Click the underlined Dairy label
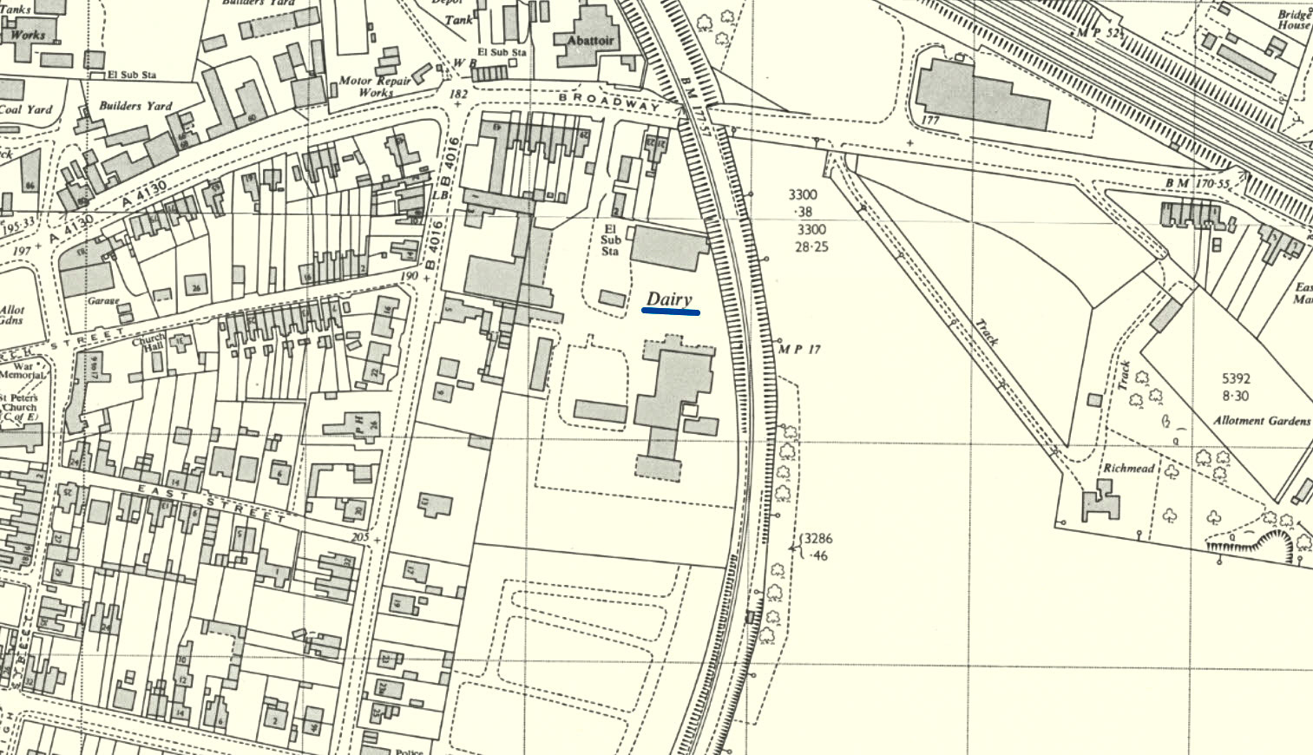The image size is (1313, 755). click(669, 299)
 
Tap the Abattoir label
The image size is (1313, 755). click(590, 41)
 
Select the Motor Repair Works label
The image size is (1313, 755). click(376, 86)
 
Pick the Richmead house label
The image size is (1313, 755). click(1128, 469)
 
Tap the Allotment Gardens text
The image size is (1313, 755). click(1261, 421)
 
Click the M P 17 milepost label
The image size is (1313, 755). click(798, 350)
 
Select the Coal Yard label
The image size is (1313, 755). click(25, 109)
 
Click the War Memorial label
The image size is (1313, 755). click(23, 371)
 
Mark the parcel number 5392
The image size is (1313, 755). click(1236, 378)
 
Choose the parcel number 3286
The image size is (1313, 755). click(817, 538)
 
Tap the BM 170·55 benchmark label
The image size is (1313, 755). click(1198, 184)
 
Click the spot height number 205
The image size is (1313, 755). click(359, 537)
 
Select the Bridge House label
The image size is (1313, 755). click(1293, 20)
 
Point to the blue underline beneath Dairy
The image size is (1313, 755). click(671, 312)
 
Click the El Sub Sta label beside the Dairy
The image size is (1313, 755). click(610, 240)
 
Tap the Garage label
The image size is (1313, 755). click(102, 301)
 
